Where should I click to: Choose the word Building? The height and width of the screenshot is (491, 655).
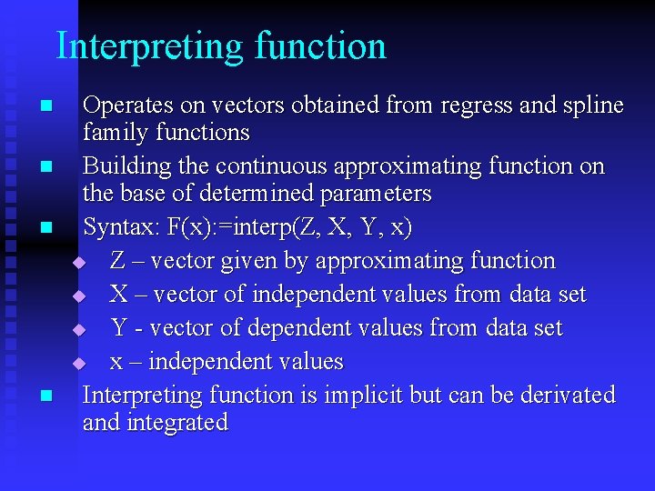click(122, 167)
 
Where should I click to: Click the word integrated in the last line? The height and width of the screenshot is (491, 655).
click(178, 423)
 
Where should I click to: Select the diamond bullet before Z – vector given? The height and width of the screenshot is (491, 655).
click(78, 262)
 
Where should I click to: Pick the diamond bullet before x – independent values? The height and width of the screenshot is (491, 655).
click(78, 363)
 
